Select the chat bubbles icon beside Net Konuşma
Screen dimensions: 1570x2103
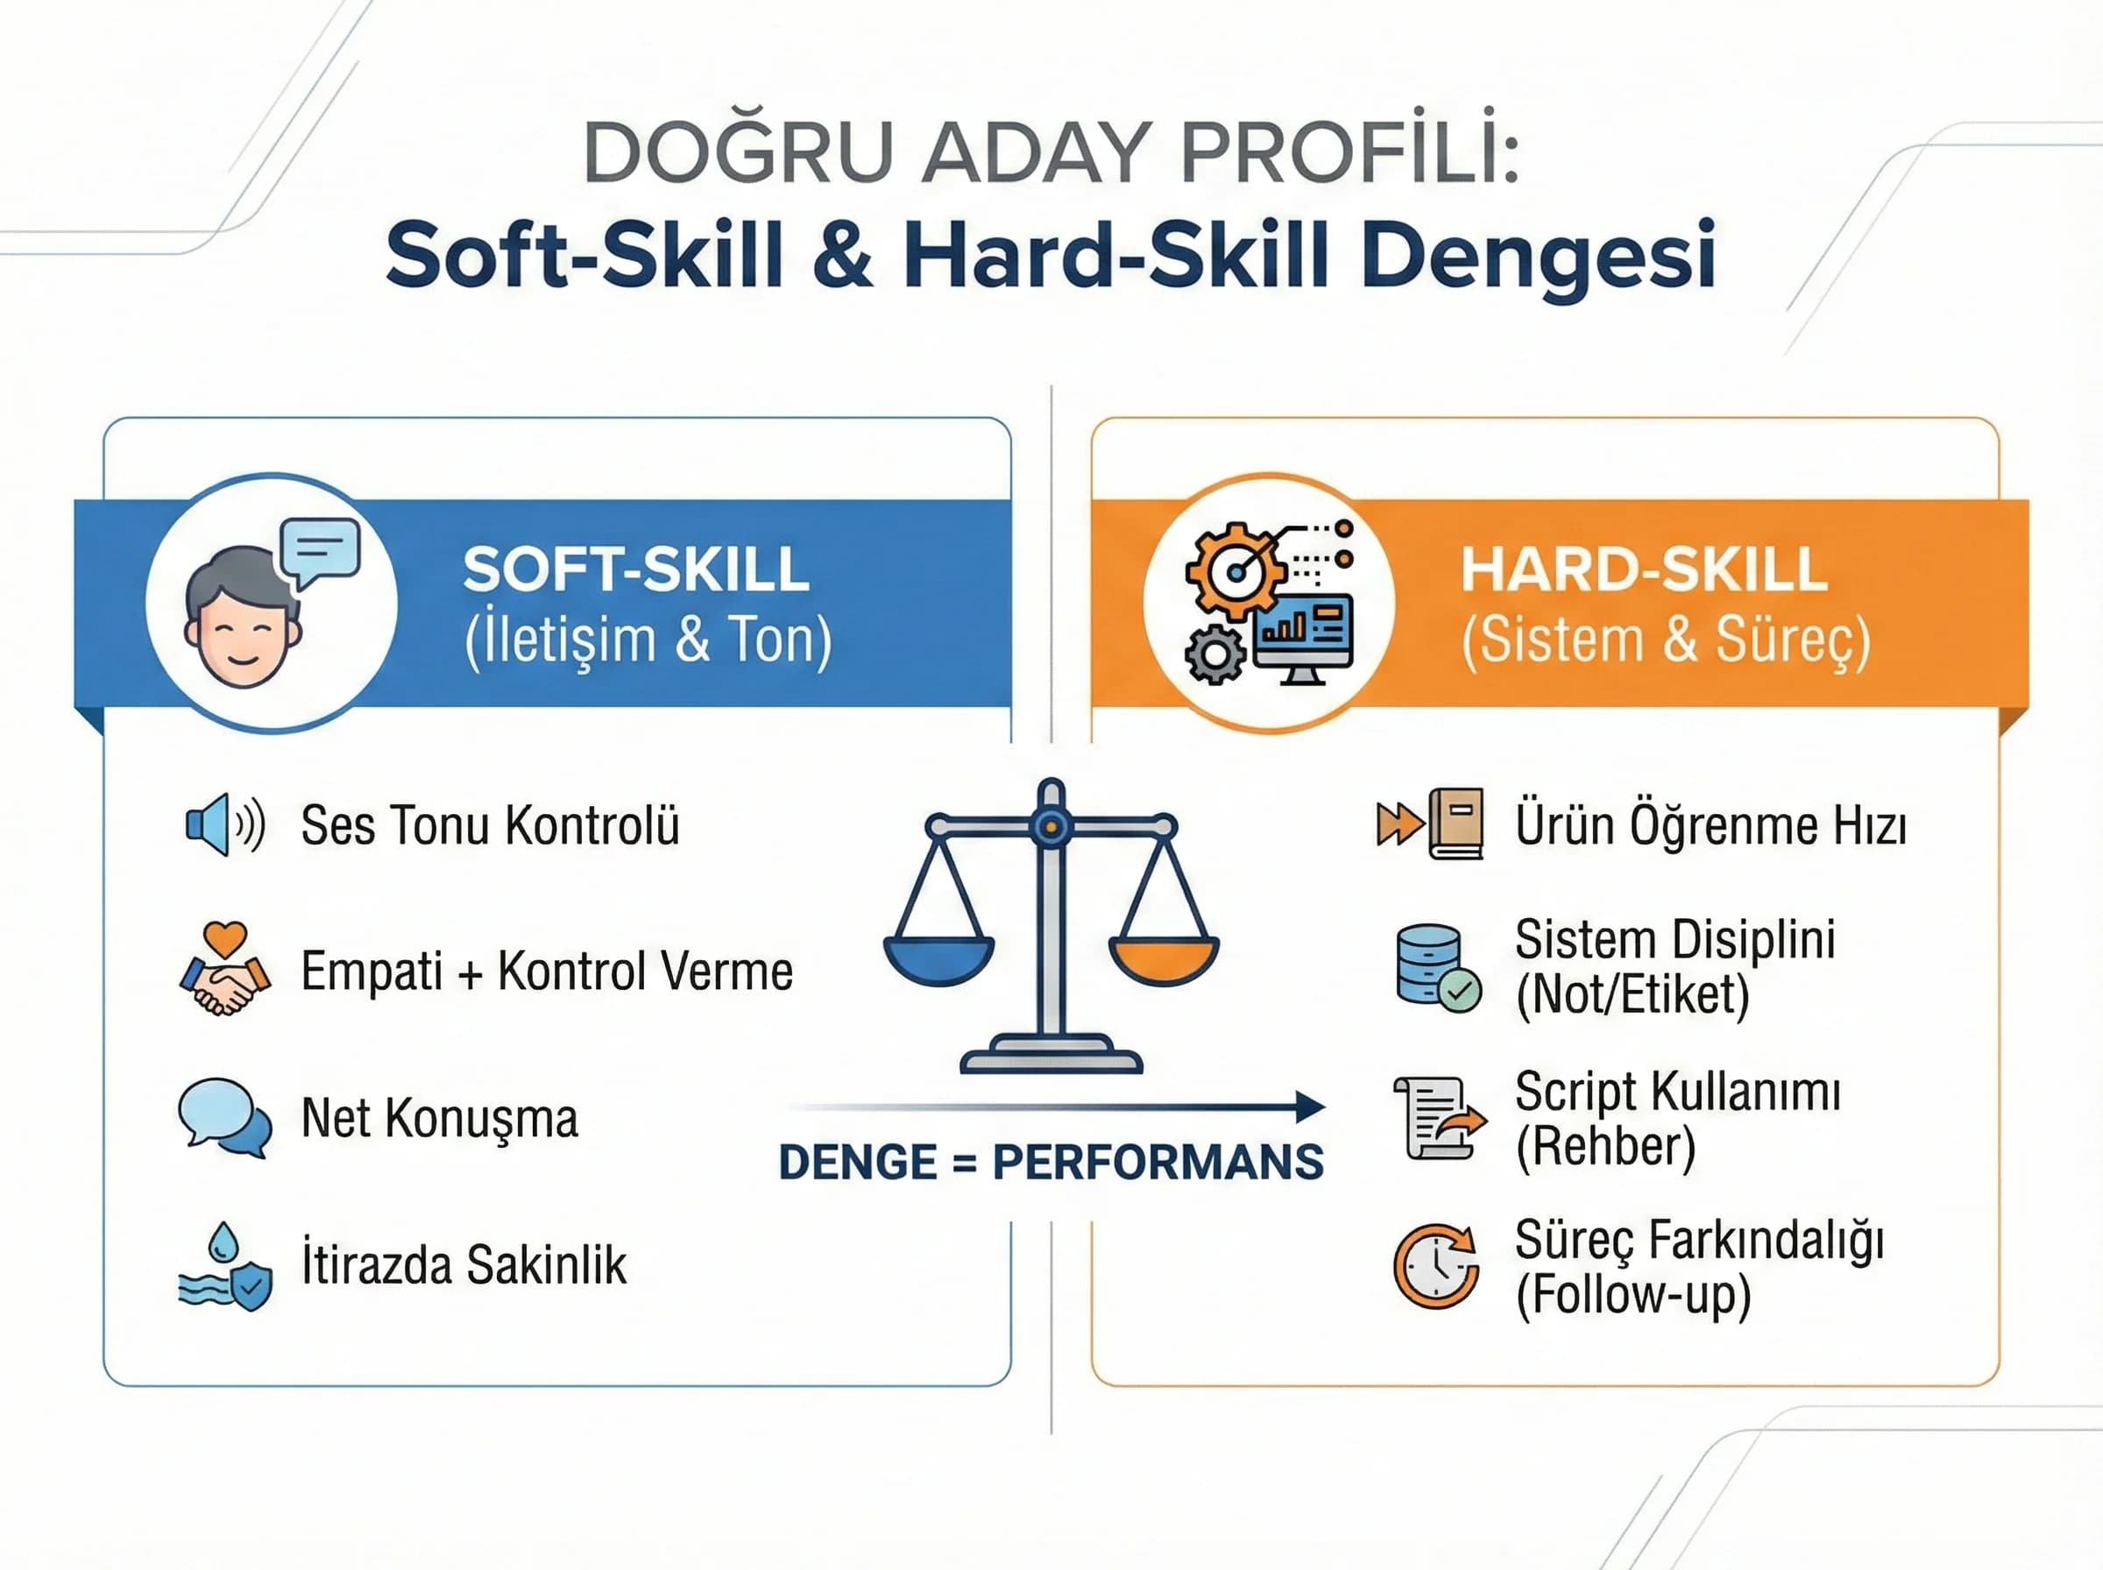click(x=225, y=1117)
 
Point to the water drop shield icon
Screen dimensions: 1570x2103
click(x=225, y=1267)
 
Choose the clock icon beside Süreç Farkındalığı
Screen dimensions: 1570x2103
click(x=1436, y=1266)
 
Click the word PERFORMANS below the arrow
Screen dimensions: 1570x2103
click(x=1158, y=1163)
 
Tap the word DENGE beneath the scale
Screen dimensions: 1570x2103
click(x=857, y=1163)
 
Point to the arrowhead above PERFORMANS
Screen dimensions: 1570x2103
click(x=1311, y=1107)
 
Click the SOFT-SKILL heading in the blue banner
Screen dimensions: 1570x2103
click(x=636, y=569)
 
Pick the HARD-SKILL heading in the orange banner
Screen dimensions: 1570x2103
click(x=1643, y=569)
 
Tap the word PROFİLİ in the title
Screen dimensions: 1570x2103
click(x=1349, y=152)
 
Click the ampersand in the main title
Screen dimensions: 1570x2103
click(x=842, y=255)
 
